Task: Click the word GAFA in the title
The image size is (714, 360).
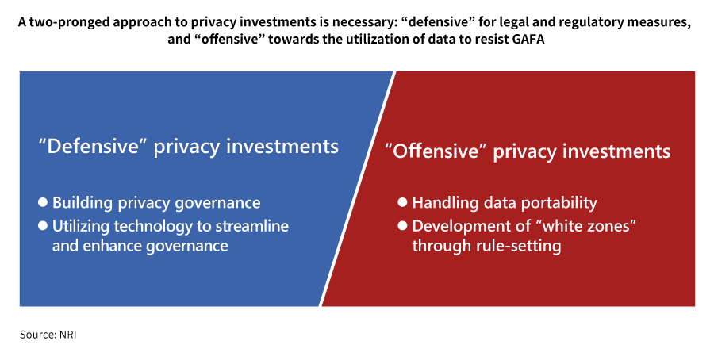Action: tap(528, 39)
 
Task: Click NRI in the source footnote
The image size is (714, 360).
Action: tap(68, 335)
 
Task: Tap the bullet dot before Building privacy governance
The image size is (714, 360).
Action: tap(43, 202)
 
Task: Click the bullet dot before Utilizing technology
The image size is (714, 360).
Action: tap(43, 226)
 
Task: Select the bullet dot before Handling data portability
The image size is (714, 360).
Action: tap(402, 202)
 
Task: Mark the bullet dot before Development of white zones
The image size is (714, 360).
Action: tap(402, 226)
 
